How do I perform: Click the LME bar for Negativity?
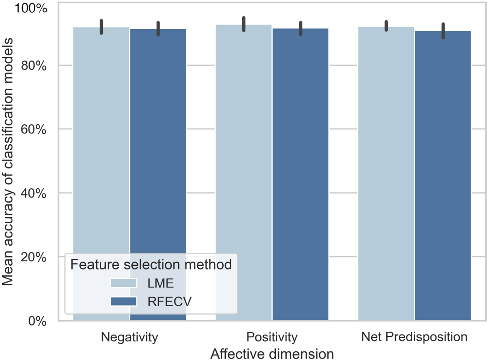point(101,150)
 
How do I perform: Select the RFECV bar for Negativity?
point(158,150)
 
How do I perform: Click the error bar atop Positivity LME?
point(244,24)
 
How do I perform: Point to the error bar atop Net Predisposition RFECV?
point(443,31)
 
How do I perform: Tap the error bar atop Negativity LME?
point(101,27)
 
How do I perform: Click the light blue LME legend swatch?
point(123,283)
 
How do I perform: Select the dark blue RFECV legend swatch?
point(123,301)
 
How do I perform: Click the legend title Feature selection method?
point(151,265)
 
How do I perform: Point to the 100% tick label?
point(31,8)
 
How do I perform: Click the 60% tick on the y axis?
point(33,129)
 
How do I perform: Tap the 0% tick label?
point(37,321)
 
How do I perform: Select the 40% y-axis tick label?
point(33,193)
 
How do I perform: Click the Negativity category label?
point(129,337)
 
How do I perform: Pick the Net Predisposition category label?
point(414,337)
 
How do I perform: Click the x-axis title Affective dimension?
point(272,354)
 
